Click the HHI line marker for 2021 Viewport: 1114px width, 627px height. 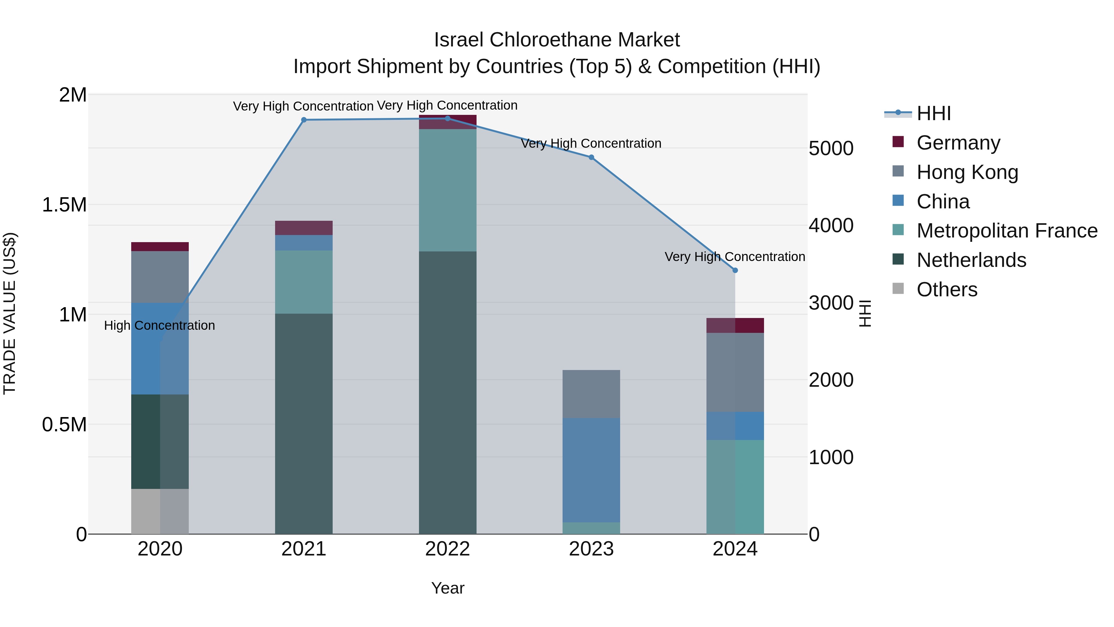304,120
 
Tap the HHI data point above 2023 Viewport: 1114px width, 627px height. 591,158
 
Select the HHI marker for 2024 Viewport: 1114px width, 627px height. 735,270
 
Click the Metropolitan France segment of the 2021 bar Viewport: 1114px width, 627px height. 304,282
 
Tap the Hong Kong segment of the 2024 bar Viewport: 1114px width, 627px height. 735,372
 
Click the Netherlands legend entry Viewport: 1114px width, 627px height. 971,260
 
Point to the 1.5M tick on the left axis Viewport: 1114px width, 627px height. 64,205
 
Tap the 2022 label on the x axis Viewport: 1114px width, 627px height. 447,549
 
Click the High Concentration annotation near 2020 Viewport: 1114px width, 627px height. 160,325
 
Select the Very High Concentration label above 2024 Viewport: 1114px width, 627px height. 734,257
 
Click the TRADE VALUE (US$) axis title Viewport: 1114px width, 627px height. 10,313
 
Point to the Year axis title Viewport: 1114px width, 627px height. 447,588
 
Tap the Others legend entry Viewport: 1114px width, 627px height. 946,290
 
